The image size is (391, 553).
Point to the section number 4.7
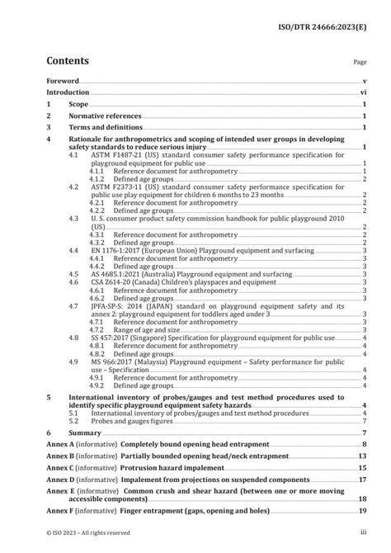point(75,305)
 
